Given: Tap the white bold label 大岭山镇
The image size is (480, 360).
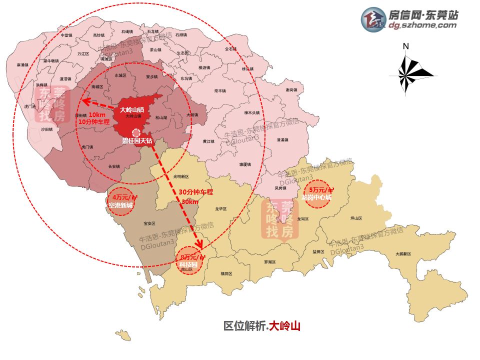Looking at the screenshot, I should tap(132, 109).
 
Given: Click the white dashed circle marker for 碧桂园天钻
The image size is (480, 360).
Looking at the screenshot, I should tap(136, 132).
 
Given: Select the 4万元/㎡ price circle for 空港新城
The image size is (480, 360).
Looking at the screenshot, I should tap(121, 201).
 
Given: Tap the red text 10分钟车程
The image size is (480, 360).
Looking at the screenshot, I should tap(93, 121).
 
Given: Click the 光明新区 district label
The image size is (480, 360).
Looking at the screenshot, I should tap(181, 176).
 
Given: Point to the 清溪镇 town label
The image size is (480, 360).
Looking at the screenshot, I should tap(282, 139).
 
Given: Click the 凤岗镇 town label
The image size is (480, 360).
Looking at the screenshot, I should tap(280, 188).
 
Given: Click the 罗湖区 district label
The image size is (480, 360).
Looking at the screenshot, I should tap(270, 261).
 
